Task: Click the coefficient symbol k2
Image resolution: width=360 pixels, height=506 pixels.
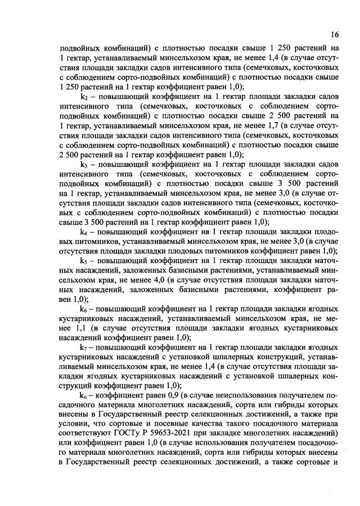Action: pyautogui.click(x=84, y=97)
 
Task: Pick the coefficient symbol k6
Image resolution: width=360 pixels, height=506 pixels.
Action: pyautogui.click(x=84, y=309)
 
